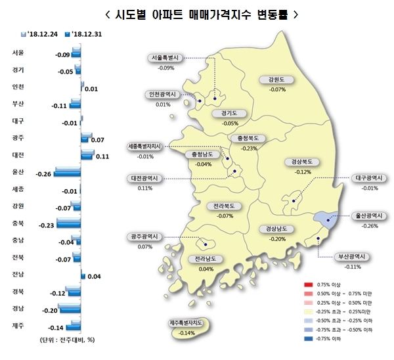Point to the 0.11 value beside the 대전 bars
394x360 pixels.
pos(102,156)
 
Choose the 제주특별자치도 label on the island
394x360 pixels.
pos(188,323)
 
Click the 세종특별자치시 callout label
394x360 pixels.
pos(145,146)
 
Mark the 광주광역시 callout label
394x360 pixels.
pos(145,237)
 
